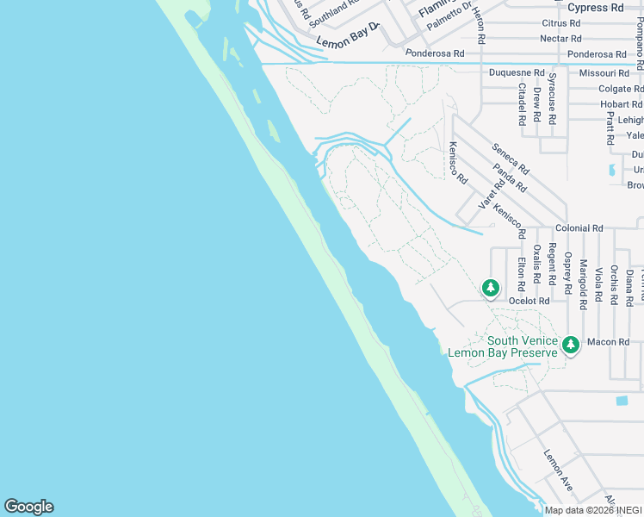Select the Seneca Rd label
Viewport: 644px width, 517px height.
click(511, 160)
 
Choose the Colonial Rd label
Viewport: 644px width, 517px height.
click(579, 228)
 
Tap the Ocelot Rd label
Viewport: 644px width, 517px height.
click(529, 301)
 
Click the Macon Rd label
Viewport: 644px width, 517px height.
click(609, 342)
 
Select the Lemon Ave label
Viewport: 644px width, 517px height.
click(558, 464)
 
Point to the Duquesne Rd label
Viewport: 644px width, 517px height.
click(517, 73)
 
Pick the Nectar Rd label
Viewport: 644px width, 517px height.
click(560, 39)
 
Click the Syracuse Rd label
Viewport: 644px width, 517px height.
click(552, 97)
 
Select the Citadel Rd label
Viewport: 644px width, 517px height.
click(522, 103)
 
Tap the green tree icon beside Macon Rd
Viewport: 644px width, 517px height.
click(570, 345)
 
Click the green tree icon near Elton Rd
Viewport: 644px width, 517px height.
click(491, 288)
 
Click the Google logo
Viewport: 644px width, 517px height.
click(28, 507)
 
